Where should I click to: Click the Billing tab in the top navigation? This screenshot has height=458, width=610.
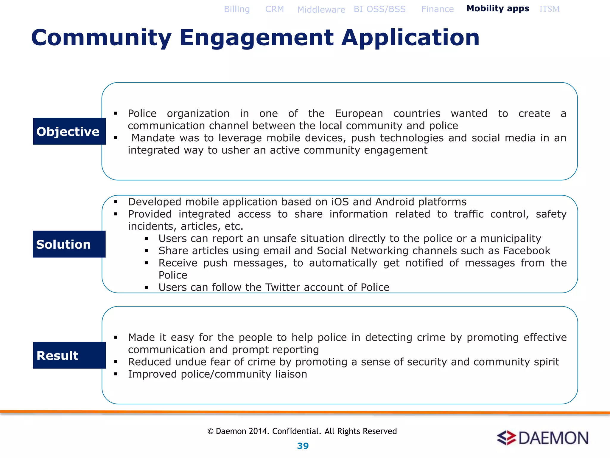(x=237, y=9)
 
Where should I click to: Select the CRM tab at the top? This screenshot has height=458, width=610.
(x=274, y=9)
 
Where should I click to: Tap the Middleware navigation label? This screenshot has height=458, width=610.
(x=321, y=10)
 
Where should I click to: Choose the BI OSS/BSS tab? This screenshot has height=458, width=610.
(x=379, y=9)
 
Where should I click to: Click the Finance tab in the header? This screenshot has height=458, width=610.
(x=437, y=9)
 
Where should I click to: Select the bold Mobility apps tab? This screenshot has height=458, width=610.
(x=498, y=9)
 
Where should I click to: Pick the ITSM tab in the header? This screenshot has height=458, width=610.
(x=549, y=9)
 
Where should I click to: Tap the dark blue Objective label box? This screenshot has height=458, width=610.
(x=69, y=131)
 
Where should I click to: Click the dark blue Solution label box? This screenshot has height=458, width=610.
(x=69, y=244)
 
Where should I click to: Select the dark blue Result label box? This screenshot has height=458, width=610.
(x=69, y=355)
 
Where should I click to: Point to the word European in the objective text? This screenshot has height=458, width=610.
(x=359, y=114)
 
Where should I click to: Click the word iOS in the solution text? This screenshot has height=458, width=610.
(x=340, y=202)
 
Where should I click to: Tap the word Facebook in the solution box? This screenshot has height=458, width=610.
(x=527, y=251)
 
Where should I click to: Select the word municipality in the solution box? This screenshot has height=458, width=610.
(x=511, y=239)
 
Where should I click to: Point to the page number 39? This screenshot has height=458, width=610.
(x=303, y=446)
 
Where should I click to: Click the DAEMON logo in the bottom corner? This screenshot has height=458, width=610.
(x=542, y=438)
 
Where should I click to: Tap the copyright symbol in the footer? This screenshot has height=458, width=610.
(x=210, y=431)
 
